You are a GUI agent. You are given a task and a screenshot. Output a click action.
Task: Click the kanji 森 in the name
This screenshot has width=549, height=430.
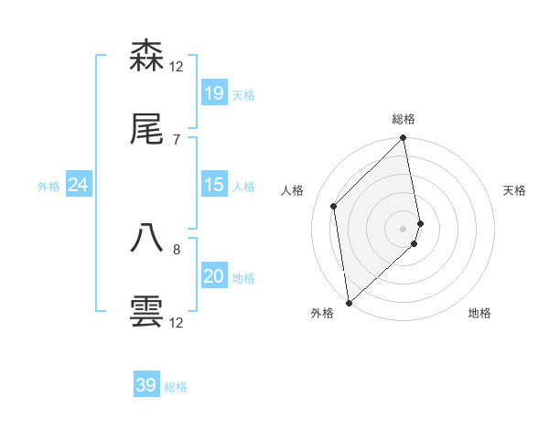(146, 57)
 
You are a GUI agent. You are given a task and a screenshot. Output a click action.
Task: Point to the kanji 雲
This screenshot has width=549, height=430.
(146, 312)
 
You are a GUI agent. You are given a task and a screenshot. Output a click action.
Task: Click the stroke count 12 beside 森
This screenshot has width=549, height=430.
(177, 66)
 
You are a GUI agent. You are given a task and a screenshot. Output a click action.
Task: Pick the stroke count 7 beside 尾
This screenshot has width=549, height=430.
(177, 140)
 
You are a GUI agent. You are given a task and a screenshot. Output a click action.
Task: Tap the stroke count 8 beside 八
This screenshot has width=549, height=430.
(177, 248)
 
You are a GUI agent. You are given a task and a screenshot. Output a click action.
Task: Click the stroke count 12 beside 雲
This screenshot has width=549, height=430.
(177, 322)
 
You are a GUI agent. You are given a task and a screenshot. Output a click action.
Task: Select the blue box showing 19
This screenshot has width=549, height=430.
(214, 93)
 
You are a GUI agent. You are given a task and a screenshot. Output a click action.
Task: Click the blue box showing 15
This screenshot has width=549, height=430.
(214, 185)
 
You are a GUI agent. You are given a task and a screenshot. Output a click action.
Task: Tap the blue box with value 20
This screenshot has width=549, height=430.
(214, 277)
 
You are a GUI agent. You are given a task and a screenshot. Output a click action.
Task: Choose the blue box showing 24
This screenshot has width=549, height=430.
(79, 185)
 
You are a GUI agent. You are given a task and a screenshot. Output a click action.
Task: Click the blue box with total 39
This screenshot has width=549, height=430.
(146, 385)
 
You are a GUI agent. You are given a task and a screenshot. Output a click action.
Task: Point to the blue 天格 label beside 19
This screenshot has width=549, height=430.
(243, 94)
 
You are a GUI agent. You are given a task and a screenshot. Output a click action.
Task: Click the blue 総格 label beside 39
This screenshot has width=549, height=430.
(176, 386)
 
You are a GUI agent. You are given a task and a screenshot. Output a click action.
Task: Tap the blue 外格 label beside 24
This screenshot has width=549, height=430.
(48, 186)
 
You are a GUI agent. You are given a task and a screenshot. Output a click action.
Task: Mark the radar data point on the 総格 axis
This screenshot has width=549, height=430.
(404, 139)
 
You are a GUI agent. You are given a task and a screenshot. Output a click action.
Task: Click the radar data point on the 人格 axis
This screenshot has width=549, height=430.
(334, 206)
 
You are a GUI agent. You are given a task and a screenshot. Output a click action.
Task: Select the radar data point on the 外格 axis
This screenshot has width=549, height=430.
(349, 302)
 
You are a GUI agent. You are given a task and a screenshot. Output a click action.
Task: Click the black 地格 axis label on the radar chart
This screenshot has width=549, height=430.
(479, 313)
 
